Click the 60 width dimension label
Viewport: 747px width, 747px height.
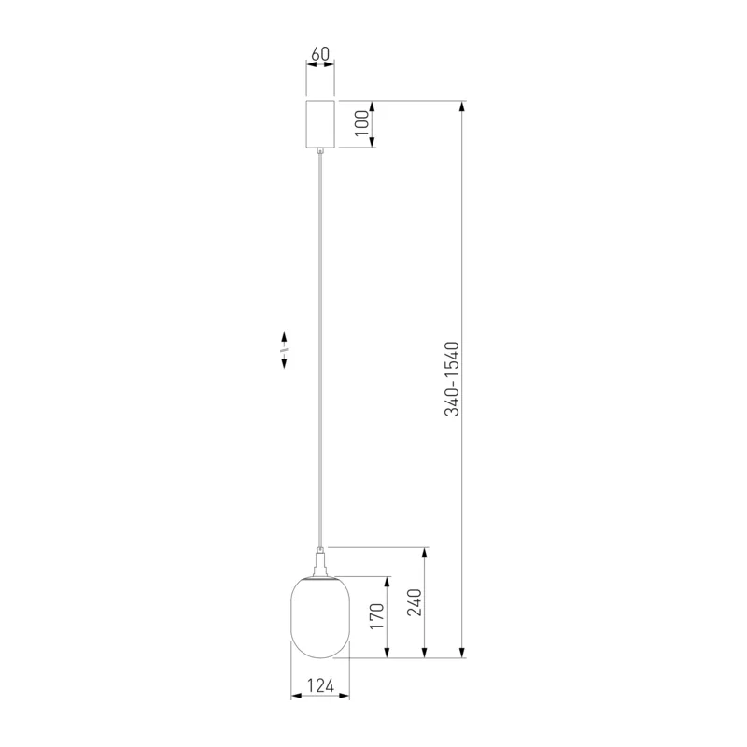point(320,54)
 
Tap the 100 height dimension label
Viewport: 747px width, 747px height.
point(362,123)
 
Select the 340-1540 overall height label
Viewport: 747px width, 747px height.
point(452,379)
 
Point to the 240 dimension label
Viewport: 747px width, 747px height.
point(415,602)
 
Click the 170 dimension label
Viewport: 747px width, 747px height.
point(377,615)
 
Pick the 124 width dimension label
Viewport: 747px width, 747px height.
point(320,685)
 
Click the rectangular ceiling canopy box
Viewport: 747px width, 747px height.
point(320,124)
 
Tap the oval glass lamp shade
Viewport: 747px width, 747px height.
point(320,617)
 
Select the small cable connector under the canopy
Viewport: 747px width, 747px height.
point(320,150)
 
